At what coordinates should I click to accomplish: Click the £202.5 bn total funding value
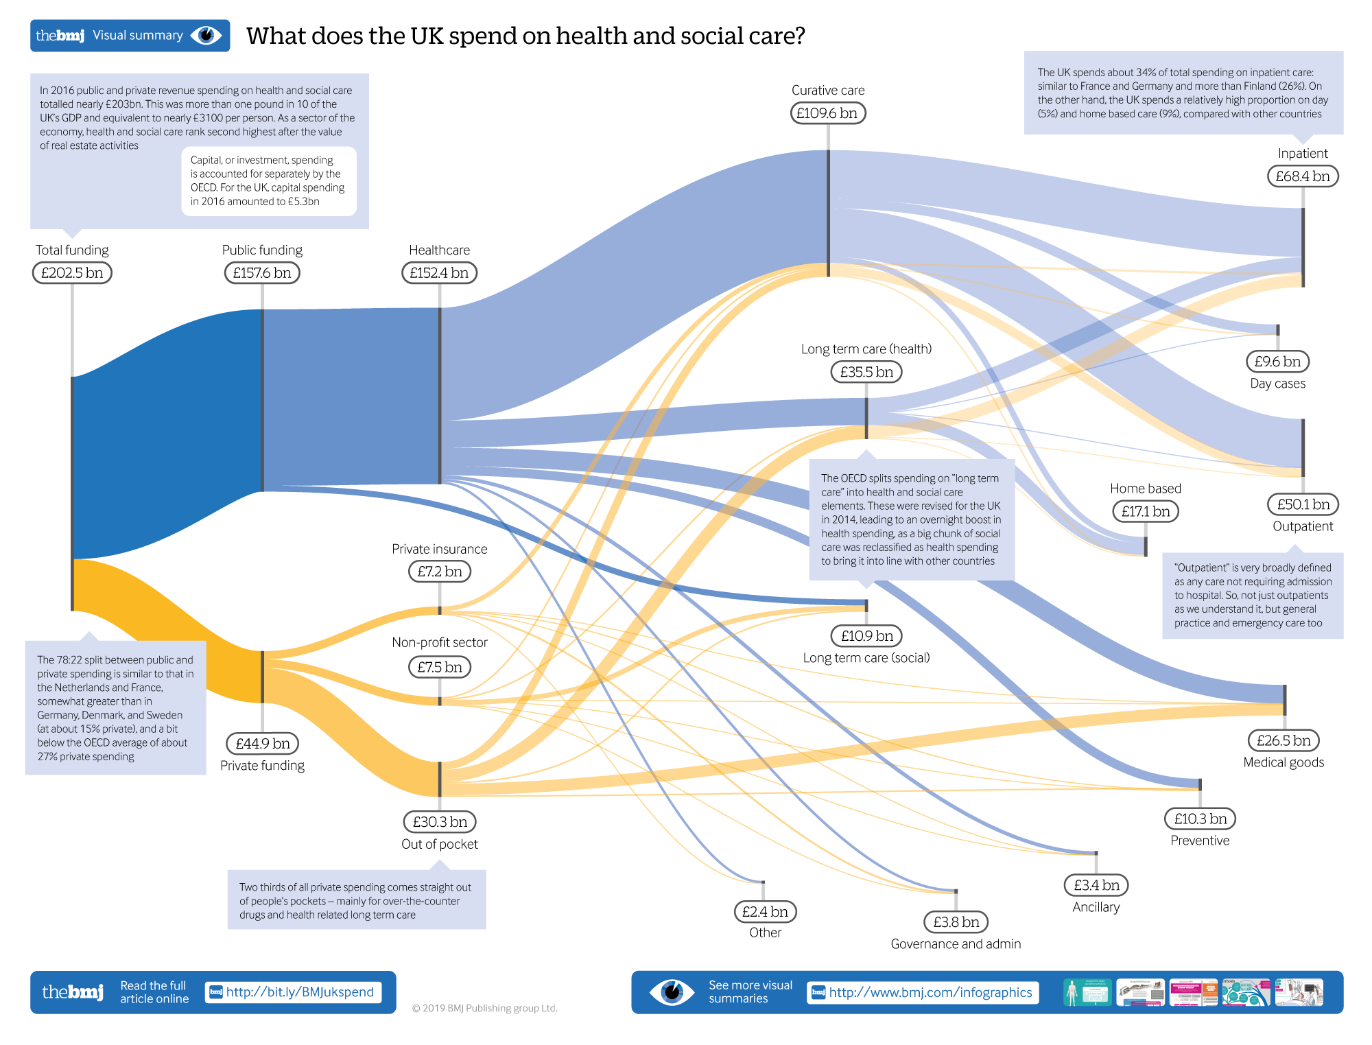point(72,273)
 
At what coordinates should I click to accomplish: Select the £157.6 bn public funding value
point(262,273)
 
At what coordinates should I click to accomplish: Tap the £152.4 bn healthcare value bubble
point(439,273)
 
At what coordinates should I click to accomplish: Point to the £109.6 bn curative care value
point(827,113)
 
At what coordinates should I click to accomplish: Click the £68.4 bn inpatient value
point(1302,176)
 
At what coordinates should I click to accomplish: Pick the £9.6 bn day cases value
point(1277,362)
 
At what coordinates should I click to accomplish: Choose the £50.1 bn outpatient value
point(1303,504)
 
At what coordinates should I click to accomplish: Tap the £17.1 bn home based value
point(1146,511)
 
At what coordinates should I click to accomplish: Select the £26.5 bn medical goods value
point(1284,740)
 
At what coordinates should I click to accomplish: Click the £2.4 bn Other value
point(765,911)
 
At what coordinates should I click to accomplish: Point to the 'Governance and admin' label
point(956,944)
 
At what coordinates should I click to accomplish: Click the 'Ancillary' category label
point(1096,907)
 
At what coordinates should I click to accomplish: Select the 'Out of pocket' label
point(440,844)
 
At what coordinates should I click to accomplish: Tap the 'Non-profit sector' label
point(440,642)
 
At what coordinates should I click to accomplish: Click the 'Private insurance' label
point(440,549)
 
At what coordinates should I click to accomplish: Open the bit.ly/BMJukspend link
point(300,992)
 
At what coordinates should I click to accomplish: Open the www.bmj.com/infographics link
point(930,992)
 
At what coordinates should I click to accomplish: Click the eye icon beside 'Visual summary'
point(206,35)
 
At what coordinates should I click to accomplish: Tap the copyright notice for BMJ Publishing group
point(484,1008)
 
